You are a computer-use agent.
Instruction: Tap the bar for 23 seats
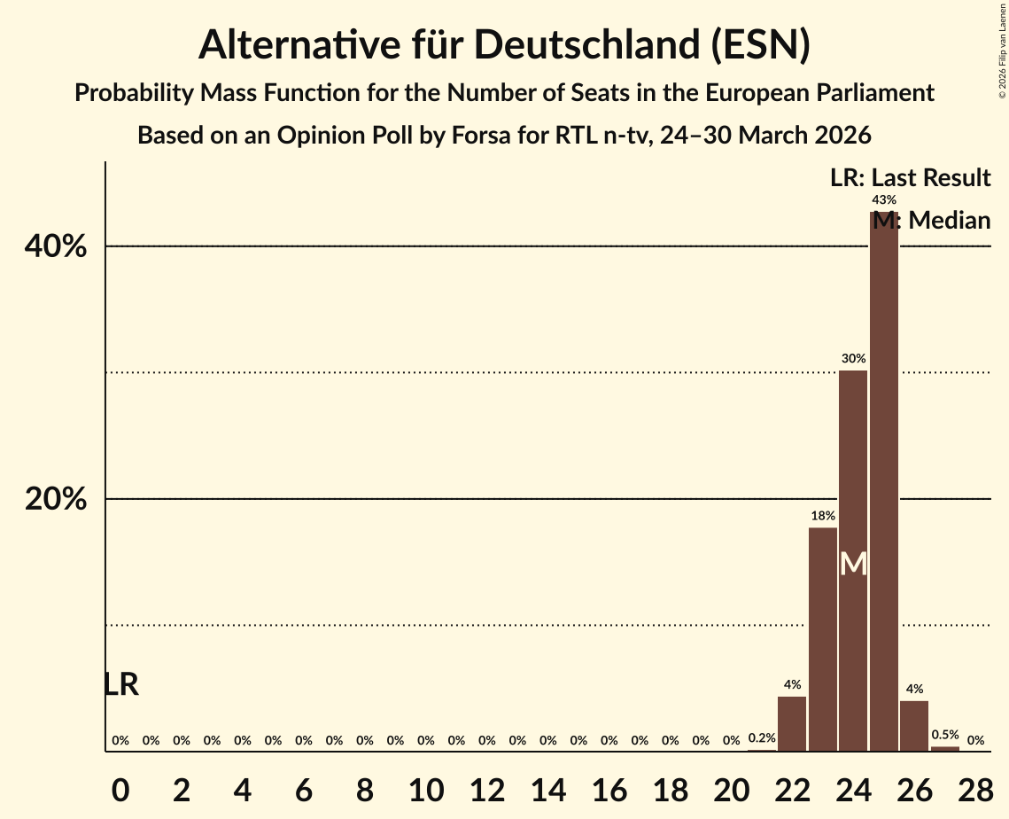[x=822, y=639]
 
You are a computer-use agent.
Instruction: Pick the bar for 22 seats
[x=792, y=723]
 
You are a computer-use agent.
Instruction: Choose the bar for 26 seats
[x=914, y=726]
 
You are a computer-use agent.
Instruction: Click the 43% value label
[x=883, y=200]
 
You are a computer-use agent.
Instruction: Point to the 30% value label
[x=853, y=359]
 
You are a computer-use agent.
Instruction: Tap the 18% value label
[x=822, y=516]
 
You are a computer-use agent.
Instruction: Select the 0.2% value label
[x=762, y=738]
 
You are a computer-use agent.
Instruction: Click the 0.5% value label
[x=945, y=735]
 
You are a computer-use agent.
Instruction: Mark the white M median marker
[x=853, y=564]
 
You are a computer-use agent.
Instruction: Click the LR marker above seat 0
[x=121, y=684]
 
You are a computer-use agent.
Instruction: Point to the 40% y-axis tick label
[x=56, y=246]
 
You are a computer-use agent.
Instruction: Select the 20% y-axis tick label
[x=56, y=500]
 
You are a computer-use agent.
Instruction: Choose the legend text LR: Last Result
[x=910, y=178]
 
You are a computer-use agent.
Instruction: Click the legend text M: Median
[x=930, y=220]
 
